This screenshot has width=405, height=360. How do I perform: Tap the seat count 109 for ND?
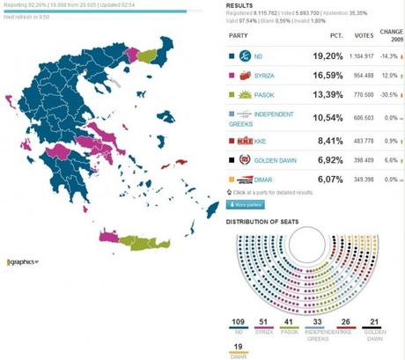(x=237, y=321)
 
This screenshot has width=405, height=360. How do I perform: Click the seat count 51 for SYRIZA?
(x=263, y=321)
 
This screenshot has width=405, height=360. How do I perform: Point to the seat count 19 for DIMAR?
(x=236, y=346)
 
